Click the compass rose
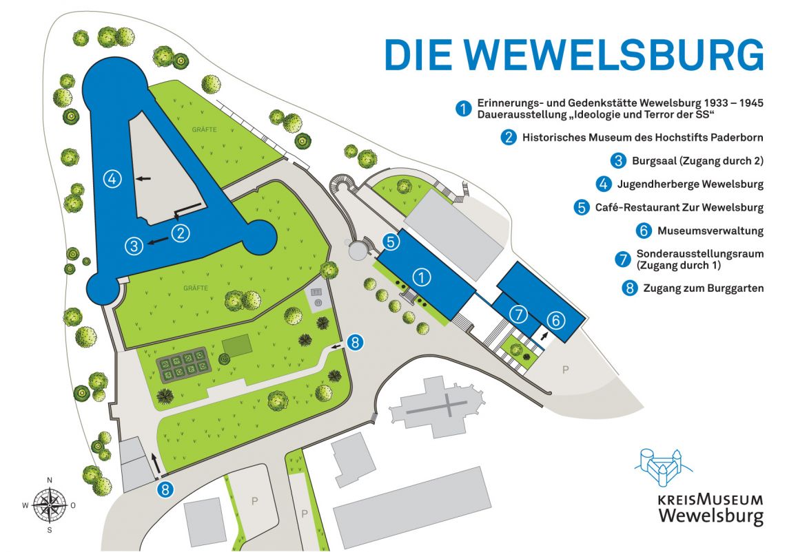click(x=49, y=505)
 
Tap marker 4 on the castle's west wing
click(x=112, y=179)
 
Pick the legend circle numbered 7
click(x=622, y=259)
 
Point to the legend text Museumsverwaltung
click(x=710, y=231)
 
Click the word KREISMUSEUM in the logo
click(x=710, y=500)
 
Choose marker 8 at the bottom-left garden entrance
click(x=165, y=489)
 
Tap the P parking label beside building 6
click(x=566, y=370)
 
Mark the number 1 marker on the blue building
click(x=422, y=277)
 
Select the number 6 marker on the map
click(x=557, y=319)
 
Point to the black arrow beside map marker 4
click(x=143, y=179)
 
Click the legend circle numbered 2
click(x=509, y=137)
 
